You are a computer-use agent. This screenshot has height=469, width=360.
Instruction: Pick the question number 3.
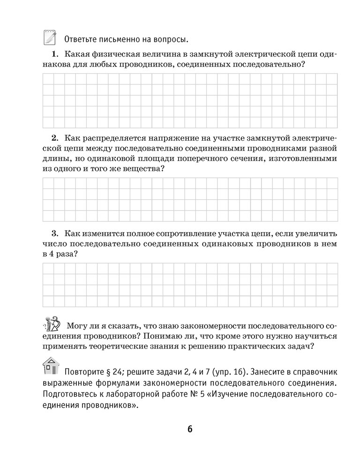54,233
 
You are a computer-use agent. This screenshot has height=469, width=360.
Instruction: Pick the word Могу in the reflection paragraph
77,325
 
